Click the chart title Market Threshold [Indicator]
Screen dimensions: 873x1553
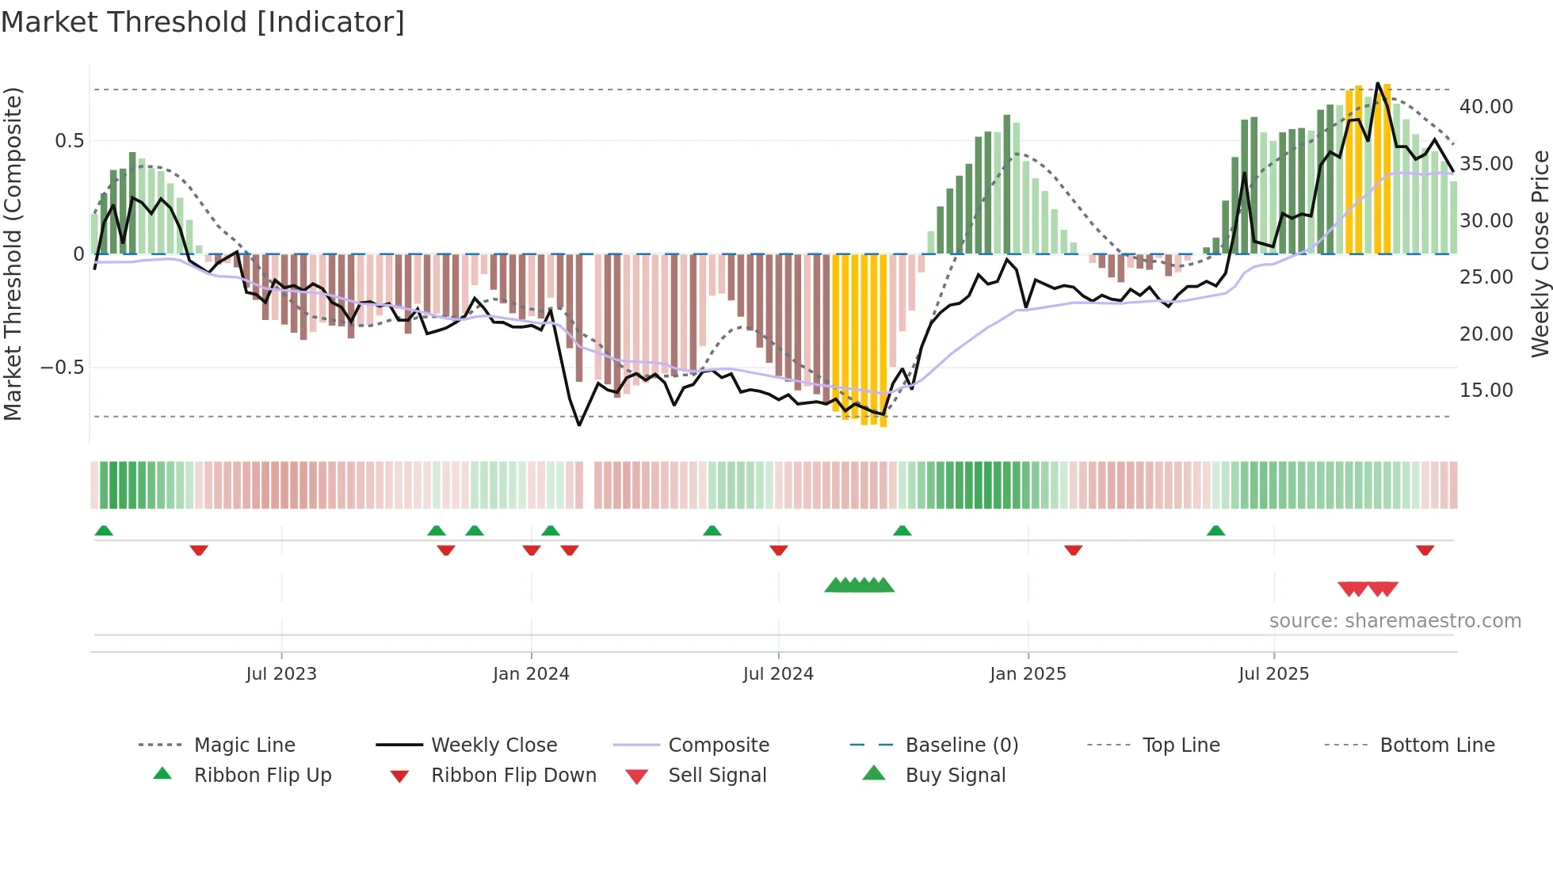tap(203, 22)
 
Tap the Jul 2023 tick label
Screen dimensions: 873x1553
tap(281, 674)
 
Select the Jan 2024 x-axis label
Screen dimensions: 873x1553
tap(531, 674)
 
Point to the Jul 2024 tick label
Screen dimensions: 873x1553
tap(778, 674)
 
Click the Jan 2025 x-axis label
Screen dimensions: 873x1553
tap(1028, 674)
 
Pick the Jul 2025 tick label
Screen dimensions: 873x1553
tap(1273, 674)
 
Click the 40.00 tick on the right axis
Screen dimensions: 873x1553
tap(1486, 107)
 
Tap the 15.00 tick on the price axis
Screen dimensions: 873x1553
tap(1486, 391)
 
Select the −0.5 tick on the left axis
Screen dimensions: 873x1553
tap(62, 368)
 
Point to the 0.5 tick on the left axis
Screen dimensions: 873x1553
tap(69, 141)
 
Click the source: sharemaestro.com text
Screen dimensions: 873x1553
tap(1395, 621)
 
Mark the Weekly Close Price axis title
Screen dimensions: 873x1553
tap(1540, 254)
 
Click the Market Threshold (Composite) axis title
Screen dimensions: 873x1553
tap(13, 254)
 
